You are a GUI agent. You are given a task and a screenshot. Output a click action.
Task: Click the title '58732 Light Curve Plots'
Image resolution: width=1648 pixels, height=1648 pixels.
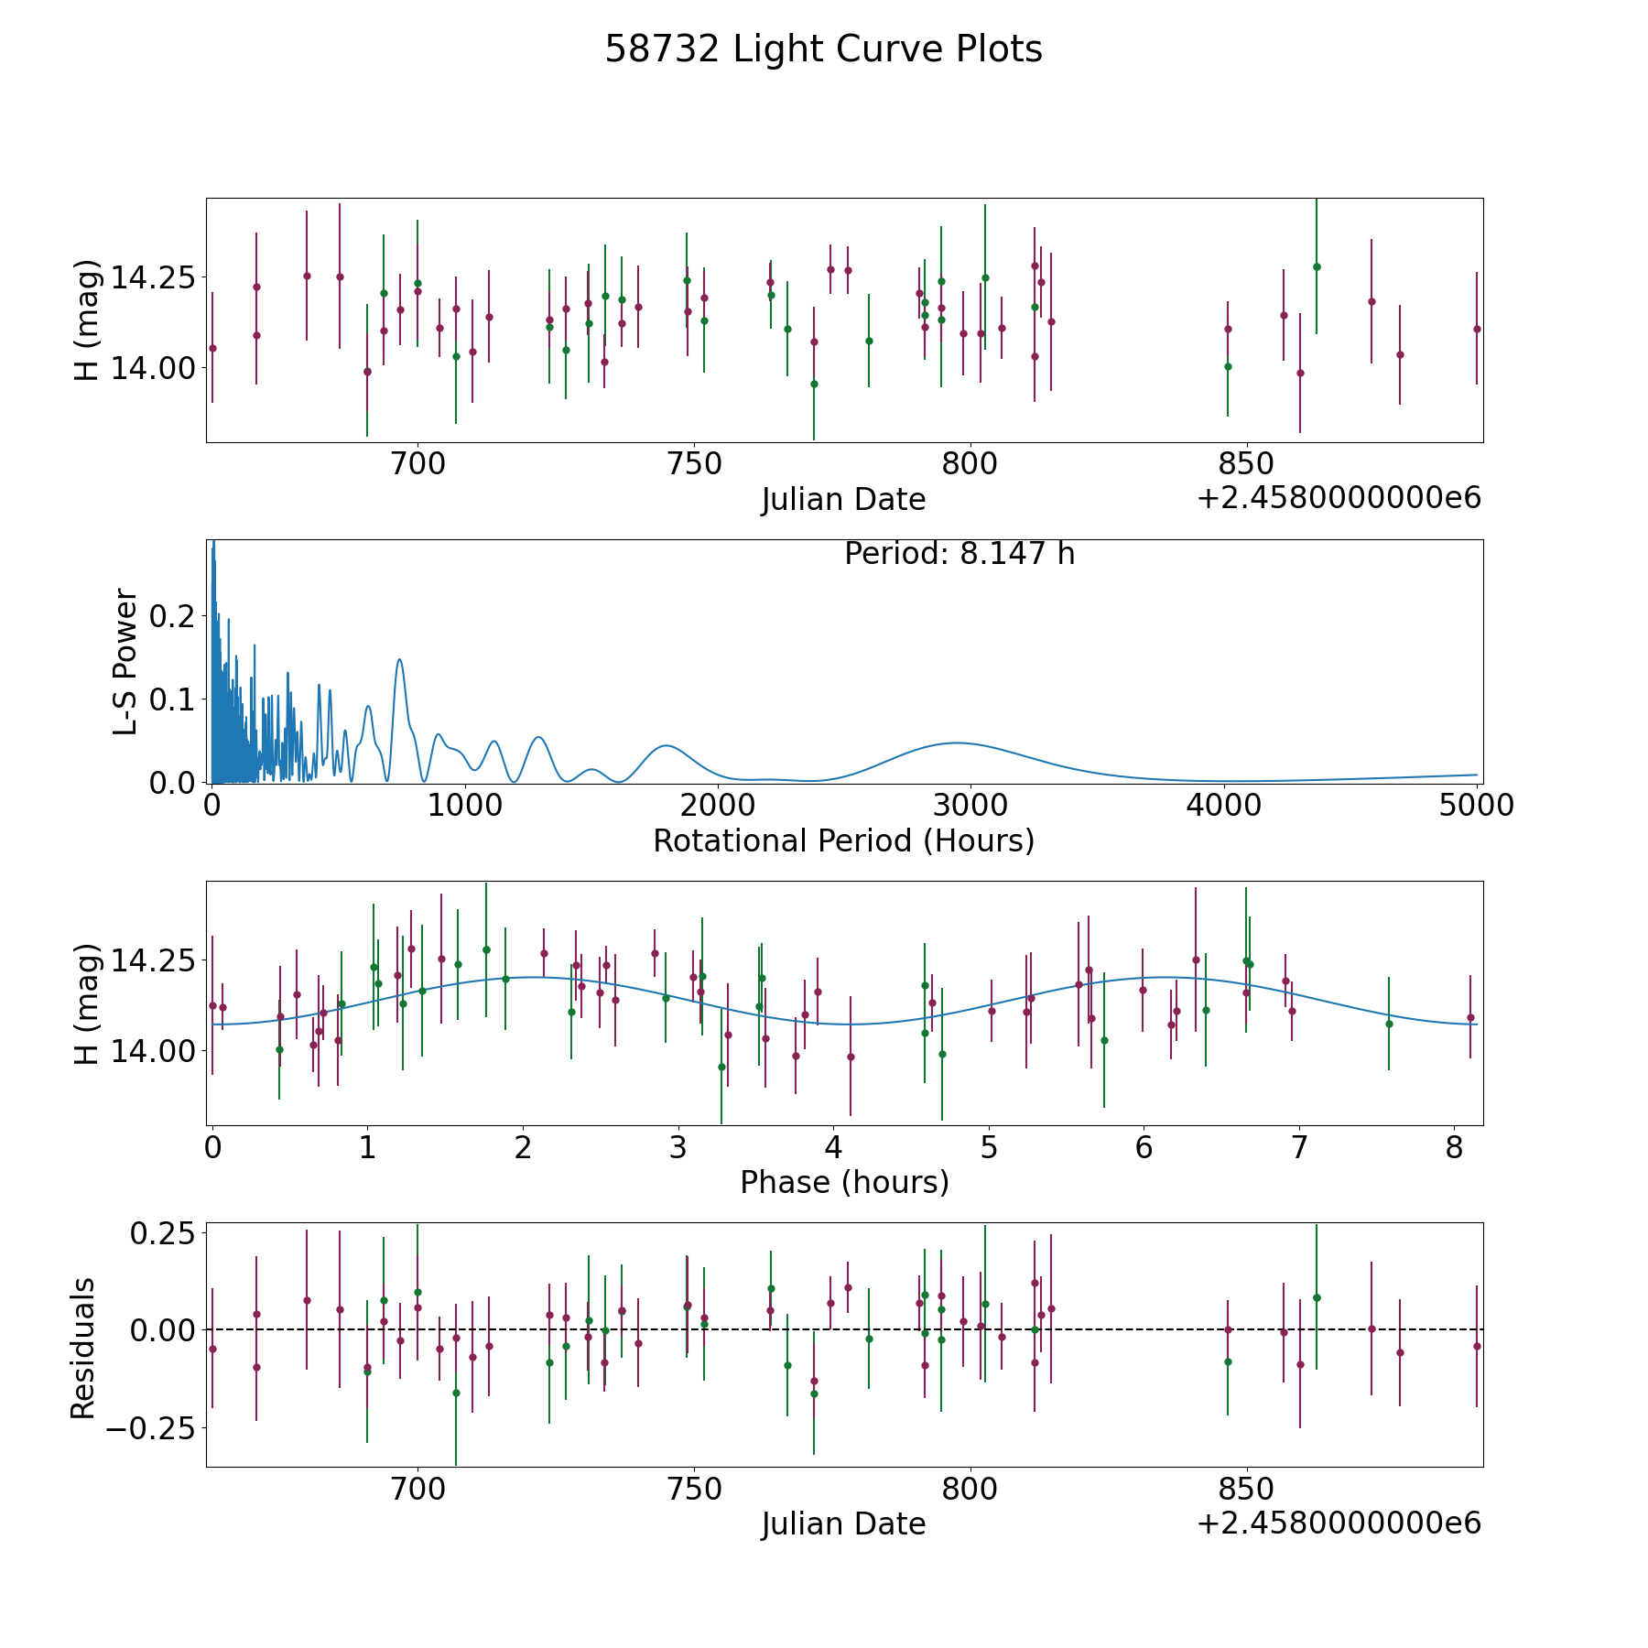823,49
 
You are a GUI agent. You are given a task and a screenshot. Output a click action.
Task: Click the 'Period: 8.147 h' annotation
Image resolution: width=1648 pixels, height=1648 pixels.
960,554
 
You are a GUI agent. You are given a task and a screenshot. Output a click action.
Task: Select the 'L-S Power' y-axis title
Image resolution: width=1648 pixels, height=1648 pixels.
126,661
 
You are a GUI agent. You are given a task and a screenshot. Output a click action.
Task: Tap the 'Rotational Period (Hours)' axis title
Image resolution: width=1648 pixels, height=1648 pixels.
844,840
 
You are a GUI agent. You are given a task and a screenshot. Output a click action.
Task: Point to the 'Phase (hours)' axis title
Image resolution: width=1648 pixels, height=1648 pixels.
844,1182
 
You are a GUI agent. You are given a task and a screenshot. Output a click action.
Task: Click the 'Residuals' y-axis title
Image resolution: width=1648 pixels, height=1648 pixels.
83,1348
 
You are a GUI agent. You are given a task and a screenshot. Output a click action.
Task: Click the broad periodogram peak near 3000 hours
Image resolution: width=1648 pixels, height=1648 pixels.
957,743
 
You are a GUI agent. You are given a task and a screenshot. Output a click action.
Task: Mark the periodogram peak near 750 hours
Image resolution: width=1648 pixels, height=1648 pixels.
399,659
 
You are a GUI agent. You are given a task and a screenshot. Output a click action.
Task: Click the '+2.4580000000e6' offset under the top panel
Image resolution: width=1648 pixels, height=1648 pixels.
1339,498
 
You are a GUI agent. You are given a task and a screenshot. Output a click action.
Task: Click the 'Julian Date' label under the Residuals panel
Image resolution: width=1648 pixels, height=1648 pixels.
844,1523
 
